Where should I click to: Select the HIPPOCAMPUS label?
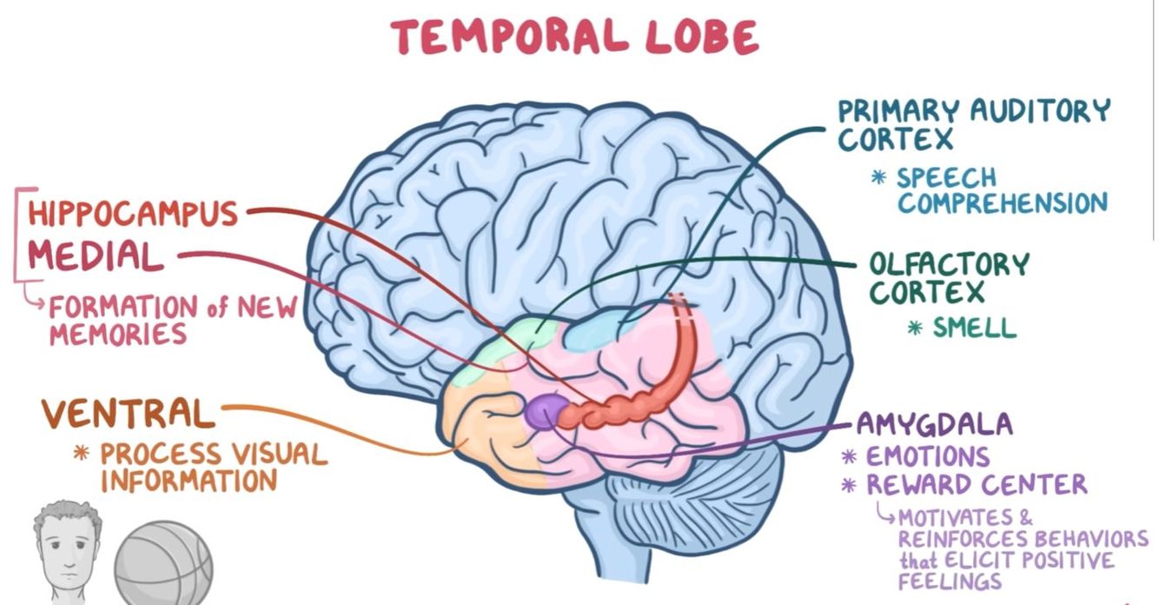132,213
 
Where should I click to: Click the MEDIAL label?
96,256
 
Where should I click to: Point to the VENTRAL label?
128,414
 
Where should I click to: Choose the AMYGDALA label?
934,424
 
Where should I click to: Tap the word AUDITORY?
1029,111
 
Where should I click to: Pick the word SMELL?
974,328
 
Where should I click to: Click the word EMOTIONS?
927,456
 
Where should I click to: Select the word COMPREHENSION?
1003,203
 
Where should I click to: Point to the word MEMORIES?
118,334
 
